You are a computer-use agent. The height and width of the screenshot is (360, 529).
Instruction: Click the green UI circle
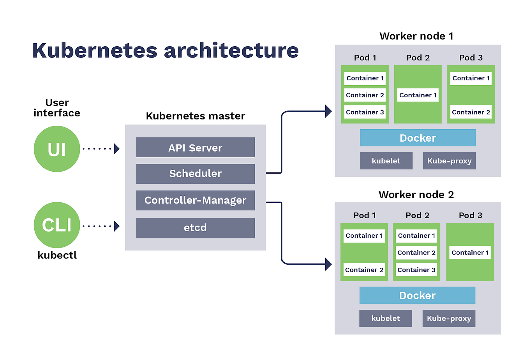coord(57,149)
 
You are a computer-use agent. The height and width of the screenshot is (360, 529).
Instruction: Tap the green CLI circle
coord(57,225)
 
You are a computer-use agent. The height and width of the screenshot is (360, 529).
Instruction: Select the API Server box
coord(195,148)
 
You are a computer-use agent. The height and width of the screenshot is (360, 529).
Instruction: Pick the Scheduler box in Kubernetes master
coord(195,174)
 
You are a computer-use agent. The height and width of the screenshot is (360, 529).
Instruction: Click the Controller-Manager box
coord(195,200)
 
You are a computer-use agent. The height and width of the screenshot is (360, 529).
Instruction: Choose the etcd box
coord(195,228)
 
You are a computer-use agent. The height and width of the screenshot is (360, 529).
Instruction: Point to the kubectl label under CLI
coord(57,255)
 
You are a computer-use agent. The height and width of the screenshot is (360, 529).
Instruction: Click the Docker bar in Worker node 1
coord(418,138)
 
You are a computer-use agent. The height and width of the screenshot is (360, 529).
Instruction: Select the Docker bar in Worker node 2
coord(417,295)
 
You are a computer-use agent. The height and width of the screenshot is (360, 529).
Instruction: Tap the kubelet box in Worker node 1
coord(386,161)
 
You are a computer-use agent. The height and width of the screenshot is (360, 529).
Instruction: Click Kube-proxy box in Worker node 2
coord(449,318)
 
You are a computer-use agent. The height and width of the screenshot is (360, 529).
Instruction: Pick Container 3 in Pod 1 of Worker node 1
coord(365,112)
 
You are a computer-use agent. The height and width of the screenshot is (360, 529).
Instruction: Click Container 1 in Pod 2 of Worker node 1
coord(418,95)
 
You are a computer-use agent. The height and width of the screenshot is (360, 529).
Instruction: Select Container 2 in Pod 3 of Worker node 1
coord(471,112)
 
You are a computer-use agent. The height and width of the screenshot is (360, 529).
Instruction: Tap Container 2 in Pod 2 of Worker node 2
coord(416,253)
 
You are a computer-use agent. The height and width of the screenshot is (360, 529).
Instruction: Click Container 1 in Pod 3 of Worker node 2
coord(470,253)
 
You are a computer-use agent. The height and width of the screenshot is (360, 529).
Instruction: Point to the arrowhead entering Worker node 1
coord(328,111)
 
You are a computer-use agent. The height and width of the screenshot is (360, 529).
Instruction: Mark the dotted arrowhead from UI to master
coord(116,149)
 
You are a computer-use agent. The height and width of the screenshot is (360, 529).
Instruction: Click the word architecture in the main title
coord(231,51)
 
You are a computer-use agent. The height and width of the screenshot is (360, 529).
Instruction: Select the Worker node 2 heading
coord(416,195)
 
